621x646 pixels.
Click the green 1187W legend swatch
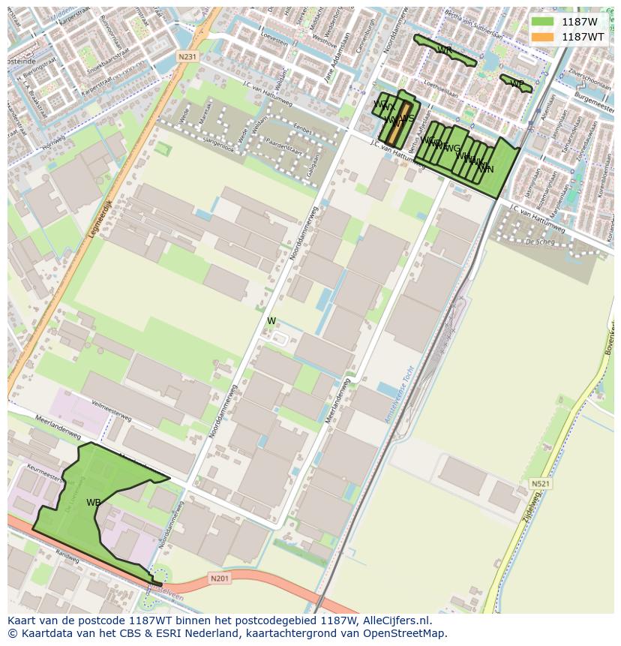pyautogui.click(x=542, y=22)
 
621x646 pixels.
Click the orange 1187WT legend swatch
pyautogui.click(x=542, y=37)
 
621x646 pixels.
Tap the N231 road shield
pyautogui.click(x=187, y=57)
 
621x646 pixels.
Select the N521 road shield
pyautogui.click(x=539, y=484)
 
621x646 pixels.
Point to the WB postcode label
pyautogui.click(x=94, y=503)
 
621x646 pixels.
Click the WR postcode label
pyautogui.click(x=444, y=50)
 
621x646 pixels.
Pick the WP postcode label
pyautogui.click(x=517, y=83)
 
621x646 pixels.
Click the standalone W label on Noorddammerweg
pyautogui.click(x=271, y=321)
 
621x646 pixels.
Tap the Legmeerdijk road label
pyautogui.click(x=99, y=218)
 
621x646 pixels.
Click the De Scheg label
pyautogui.click(x=539, y=242)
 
